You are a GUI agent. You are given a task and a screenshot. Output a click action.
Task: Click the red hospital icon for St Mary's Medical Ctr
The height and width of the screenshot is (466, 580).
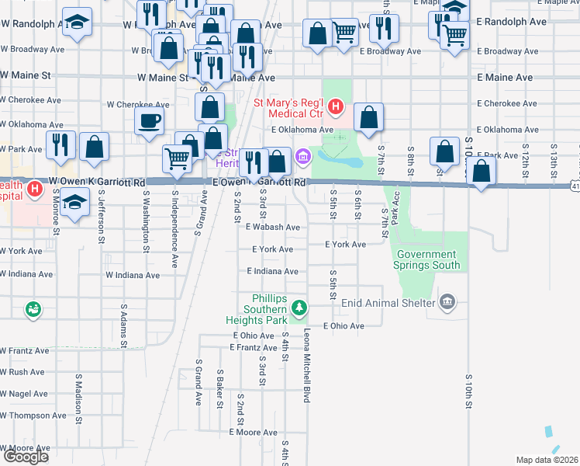[335, 105]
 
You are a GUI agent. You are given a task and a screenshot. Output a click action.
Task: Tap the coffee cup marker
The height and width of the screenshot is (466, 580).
[149, 120]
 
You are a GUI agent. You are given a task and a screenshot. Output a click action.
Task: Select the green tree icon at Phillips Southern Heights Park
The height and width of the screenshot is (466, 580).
[299, 310]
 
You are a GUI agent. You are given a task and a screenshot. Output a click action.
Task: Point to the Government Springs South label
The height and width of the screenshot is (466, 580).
[426, 259]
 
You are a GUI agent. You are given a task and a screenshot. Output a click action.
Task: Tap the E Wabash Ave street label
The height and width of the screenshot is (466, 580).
[272, 228]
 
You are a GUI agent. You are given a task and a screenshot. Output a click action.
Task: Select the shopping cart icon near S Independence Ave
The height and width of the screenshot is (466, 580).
[178, 158]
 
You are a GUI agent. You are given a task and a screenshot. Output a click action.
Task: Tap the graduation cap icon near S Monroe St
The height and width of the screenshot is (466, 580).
[74, 203]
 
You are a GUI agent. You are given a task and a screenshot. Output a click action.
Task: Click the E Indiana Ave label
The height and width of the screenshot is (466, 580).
[272, 271]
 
